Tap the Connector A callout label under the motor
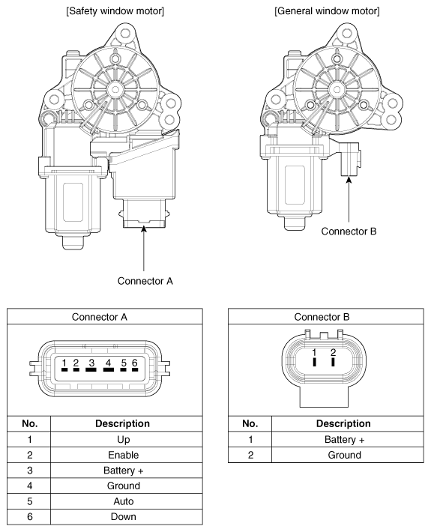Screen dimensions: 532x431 tap(145, 281)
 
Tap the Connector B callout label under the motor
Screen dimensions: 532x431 tap(349, 230)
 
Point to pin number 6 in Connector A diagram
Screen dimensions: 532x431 tap(134, 364)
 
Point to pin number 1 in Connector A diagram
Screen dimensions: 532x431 tap(65, 364)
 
